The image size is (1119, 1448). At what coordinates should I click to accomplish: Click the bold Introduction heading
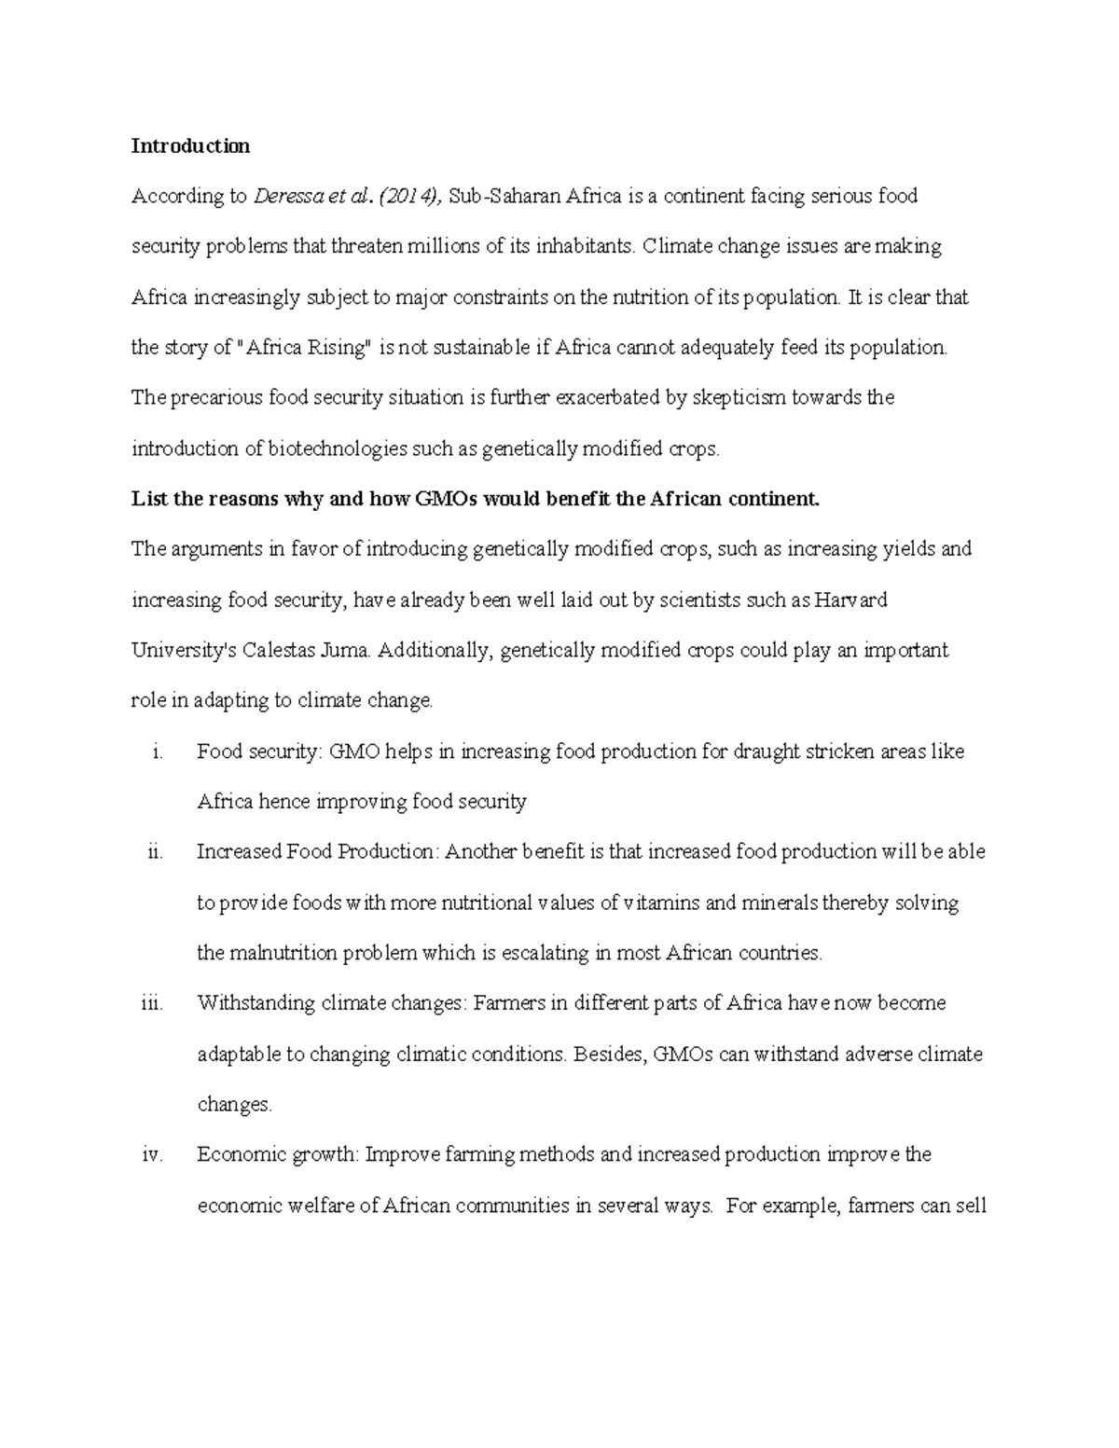point(190,145)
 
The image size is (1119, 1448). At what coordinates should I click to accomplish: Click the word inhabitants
point(577,247)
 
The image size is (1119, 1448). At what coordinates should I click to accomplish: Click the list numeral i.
point(156,752)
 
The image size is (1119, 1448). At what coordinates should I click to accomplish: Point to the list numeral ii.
point(154,852)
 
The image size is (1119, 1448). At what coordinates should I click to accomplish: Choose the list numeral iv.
point(152,1154)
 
